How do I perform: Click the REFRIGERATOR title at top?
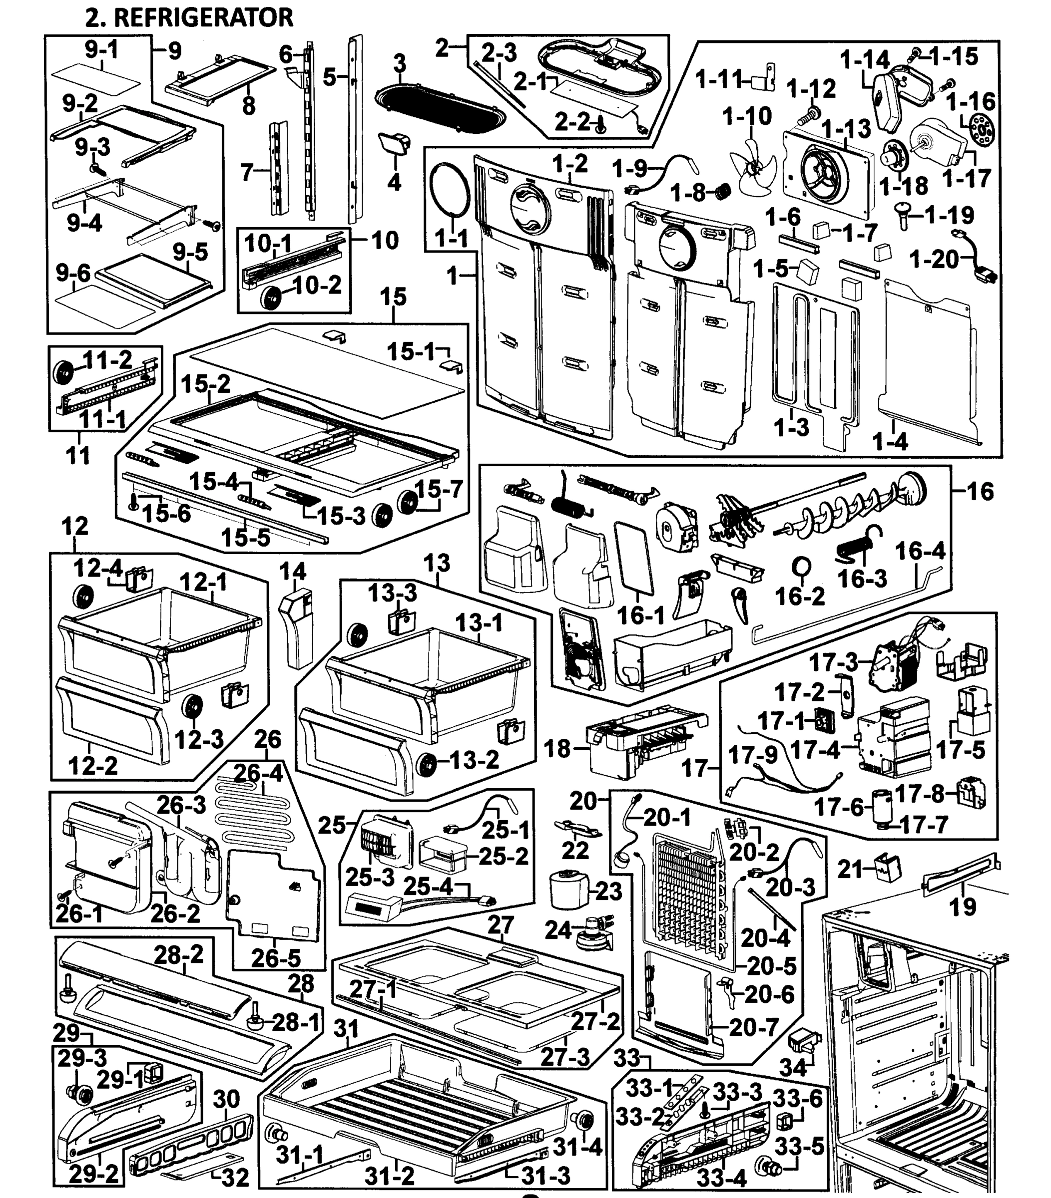pos(189,17)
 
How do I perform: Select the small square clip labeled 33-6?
pos(784,1122)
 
